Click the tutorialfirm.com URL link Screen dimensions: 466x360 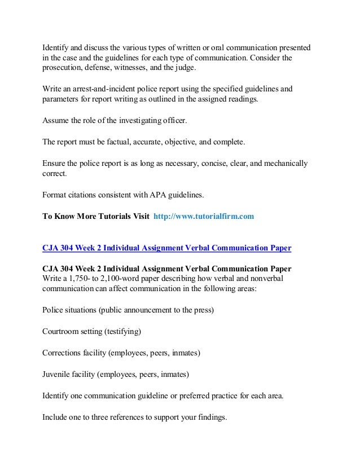(204, 216)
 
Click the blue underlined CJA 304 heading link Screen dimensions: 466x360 (167, 248)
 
